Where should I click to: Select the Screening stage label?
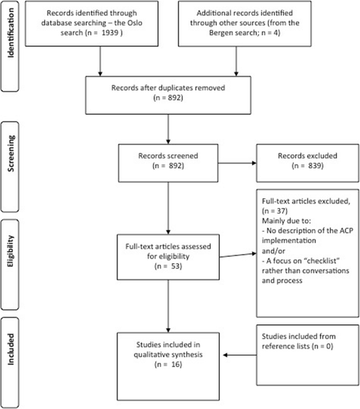point(14,158)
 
